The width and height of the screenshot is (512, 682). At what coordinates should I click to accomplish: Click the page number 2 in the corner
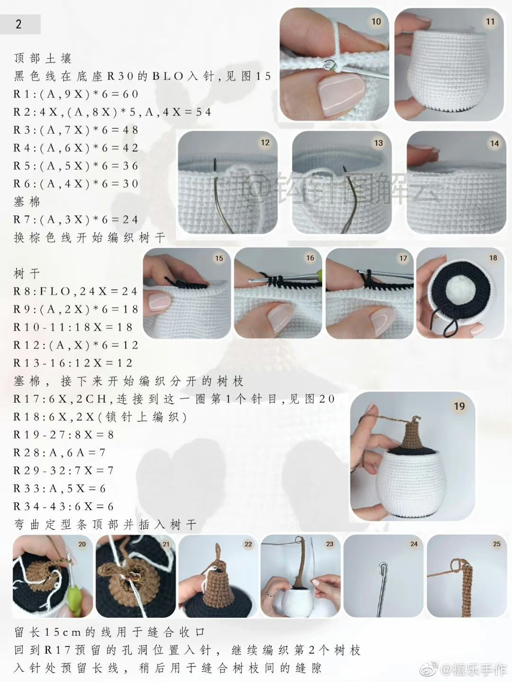click(x=18, y=24)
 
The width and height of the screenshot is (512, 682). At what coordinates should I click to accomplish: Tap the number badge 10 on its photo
click(x=376, y=21)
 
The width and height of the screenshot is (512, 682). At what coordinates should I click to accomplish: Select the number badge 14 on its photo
click(x=494, y=143)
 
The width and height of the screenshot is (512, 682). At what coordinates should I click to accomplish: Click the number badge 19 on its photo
click(x=459, y=406)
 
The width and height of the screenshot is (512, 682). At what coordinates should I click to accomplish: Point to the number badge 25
click(x=496, y=544)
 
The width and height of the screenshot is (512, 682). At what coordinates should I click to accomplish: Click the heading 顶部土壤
click(x=43, y=58)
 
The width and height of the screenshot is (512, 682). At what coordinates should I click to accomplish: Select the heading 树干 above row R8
click(x=27, y=273)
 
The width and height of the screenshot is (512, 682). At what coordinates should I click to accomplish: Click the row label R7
click(x=24, y=219)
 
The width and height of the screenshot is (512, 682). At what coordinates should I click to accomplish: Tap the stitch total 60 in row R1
click(x=131, y=94)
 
